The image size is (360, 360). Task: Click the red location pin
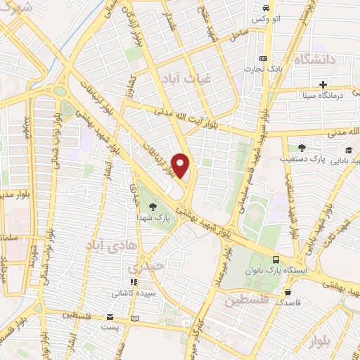coord(181,165)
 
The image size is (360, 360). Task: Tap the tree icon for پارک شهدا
coord(153,206)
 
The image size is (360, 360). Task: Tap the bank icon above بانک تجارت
coord(263,58)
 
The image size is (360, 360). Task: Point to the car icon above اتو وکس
coord(265,8)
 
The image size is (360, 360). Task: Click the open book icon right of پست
coord(134,319)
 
